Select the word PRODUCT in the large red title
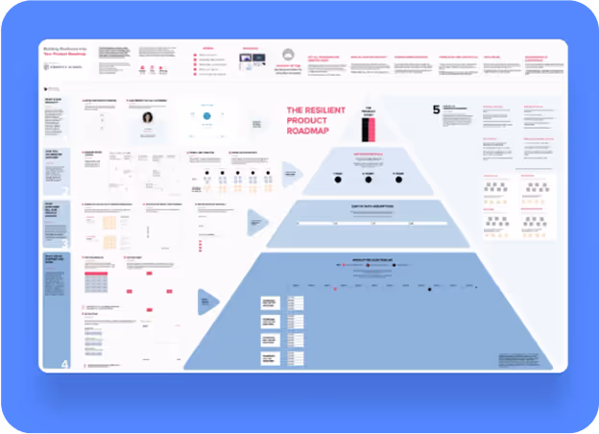click(x=308, y=122)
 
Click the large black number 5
click(x=437, y=110)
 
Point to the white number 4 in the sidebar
click(x=65, y=364)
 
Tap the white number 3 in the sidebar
click(x=65, y=244)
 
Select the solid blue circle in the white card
click(x=205, y=117)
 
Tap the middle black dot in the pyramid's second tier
click(x=368, y=174)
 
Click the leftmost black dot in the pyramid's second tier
click(x=338, y=174)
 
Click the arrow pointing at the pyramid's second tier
click(x=291, y=175)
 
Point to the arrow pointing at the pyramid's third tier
click(x=257, y=221)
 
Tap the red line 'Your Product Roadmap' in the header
click(x=65, y=55)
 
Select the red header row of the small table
click(x=95, y=275)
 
